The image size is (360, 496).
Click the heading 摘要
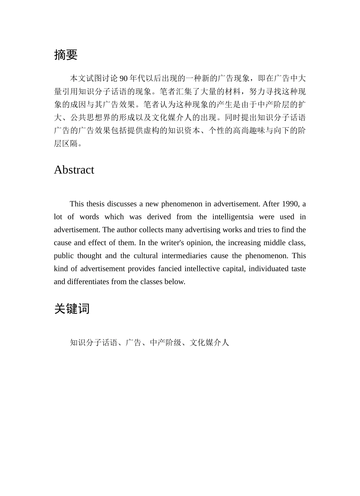[x=66, y=55]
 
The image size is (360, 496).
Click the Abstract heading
[x=74, y=170]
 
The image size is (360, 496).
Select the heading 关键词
[x=72, y=309]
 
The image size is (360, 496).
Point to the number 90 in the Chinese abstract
[x=124, y=78]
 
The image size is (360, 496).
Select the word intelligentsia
[x=233, y=217]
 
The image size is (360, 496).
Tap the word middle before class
[x=275, y=243]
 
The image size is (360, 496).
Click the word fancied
[x=169, y=269]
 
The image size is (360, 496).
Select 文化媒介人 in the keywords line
[x=210, y=343]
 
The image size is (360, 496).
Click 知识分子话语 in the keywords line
[x=94, y=343]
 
